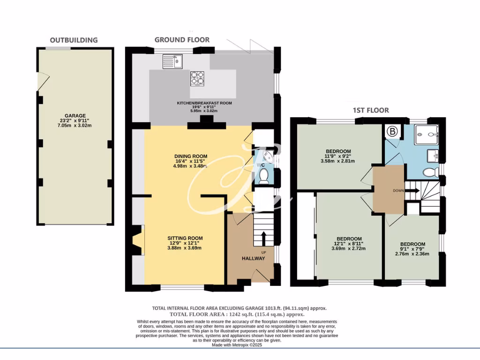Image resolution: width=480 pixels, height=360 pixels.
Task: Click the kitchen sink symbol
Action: point(172,61)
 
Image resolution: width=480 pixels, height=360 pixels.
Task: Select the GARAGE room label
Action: point(75,116)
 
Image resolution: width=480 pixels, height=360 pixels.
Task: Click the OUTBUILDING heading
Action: point(74,40)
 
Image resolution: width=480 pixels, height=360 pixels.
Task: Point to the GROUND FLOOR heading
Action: point(182,40)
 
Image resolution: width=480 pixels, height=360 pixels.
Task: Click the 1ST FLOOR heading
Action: point(371,111)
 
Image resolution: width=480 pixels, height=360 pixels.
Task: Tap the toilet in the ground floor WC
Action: point(263,176)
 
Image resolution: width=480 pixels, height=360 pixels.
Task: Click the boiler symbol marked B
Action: point(392,132)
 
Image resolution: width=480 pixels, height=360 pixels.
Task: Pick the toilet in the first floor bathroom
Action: point(428,173)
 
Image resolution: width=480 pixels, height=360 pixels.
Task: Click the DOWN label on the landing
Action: point(398,191)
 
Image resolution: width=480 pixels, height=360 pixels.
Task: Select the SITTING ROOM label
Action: point(186,238)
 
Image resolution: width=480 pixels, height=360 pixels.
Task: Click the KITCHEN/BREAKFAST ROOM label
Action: point(204,103)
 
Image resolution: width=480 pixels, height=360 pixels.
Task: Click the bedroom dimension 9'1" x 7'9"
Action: point(412,249)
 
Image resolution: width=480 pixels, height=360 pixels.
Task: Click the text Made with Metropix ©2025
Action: point(240,345)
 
